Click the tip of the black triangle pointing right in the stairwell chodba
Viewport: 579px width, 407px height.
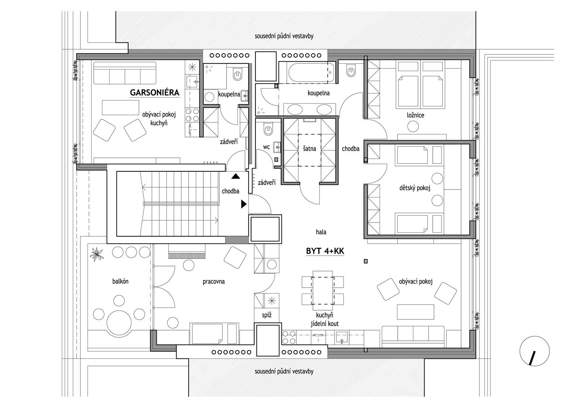click(247, 204)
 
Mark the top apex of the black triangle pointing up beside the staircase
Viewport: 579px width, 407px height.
click(236, 174)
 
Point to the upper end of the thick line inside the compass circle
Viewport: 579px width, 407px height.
click(534, 351)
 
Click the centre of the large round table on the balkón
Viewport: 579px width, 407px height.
click(119, 323)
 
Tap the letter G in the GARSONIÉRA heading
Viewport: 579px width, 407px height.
click(133, 93)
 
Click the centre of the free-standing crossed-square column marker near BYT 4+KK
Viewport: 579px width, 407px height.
click(365, 261)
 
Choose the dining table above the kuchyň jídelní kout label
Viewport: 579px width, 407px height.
click(322, 290)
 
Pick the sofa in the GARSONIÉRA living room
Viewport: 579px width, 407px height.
click(125, 73)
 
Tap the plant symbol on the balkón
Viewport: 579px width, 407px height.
click(97, 254)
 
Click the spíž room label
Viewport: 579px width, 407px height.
click(266, 315)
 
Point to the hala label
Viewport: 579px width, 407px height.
click(321, 232)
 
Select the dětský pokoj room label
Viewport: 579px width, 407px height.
click(415, 188)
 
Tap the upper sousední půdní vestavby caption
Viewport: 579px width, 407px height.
click(284, 36)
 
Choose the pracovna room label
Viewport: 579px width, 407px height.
click(214, 282)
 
